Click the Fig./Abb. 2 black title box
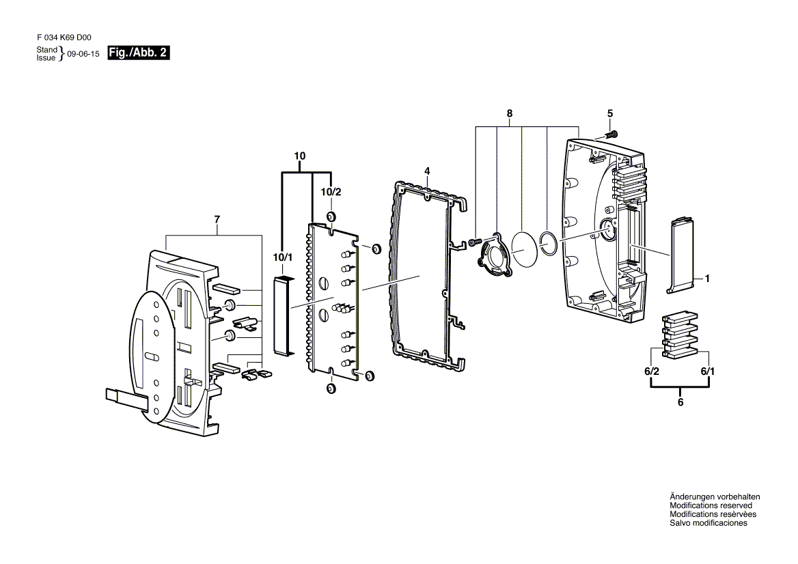click(138, 53)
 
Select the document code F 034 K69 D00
click(64, 38)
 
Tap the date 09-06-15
click(83, 54)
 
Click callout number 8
click(510, 114)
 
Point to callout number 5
click(610, 114)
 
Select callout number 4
click(427, 171)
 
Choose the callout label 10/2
click(331, 192)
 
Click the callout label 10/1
click(283, 257)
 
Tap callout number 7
click(217, 220)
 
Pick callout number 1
click(707, 279)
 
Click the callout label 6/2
click(651, 371)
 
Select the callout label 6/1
click(707, 371)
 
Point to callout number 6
click(680, 402)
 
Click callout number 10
click(300, 156)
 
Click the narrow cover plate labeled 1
click(681, 255)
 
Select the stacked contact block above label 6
click(680, 336)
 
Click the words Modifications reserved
click(711, 505)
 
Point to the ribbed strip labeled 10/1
click(283, 315)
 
